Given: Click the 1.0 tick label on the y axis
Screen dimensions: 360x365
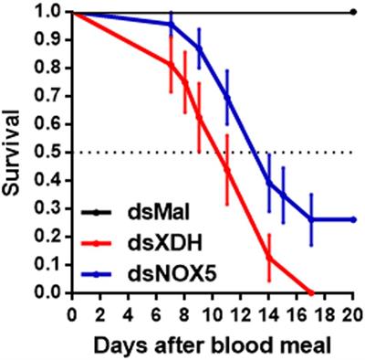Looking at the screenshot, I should click(x=50, y=12).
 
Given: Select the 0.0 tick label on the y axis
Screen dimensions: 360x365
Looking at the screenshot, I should click(x=50, y=292).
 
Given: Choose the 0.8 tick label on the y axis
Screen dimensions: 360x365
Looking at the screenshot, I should click(x=50, y=68).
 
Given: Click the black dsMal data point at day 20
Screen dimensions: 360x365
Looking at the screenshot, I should click(x=353, y=12).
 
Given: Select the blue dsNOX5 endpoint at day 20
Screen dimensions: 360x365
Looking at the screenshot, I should click(x=353, y=219).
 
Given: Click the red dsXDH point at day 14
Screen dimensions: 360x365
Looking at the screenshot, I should click(x=268, y=259).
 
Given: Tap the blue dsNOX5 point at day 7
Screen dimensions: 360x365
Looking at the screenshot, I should click(x=170, y=25).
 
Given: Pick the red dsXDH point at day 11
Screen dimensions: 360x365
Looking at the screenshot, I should click(x=226, y=170).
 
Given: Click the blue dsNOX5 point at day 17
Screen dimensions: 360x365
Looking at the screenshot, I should click(x=311, y=219).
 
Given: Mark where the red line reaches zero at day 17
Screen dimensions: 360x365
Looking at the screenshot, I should click(x=311, y=292).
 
